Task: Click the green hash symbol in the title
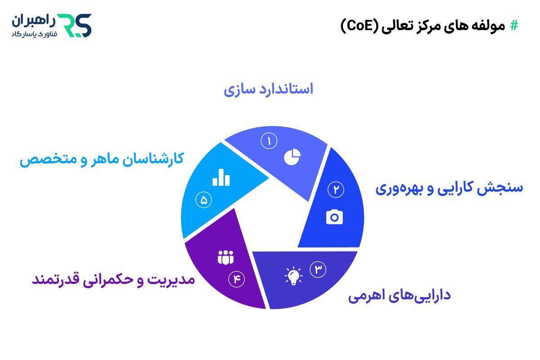click(x=513, y=26)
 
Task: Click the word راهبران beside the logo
click(x=32, y=20)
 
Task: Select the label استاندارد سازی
click(x=268, y=89)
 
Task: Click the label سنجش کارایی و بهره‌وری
click(x=449, y=188)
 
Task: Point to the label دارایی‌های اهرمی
click(x=400, y=296)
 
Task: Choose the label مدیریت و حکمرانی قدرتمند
click(x=113, y=279)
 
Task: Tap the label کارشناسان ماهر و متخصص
click(x=102, y=159)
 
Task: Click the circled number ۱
click(x=269, y=141)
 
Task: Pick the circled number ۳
click(x=318, y=269)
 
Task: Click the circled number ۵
click(x=203, y=200)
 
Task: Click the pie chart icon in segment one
click(x=292, y=157)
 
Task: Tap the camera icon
click(x=334, y=217)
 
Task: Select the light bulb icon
click(x=293, y=276)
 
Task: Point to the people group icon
click(x=226, y=257)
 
